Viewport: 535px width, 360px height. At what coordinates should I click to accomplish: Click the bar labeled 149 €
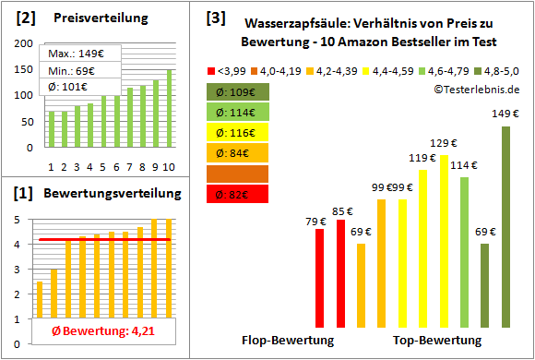tap(505, 226)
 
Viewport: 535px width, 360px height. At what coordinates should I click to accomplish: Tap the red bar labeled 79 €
tap(320, 278)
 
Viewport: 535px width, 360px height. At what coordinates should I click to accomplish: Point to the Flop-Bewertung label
tap(287, 340)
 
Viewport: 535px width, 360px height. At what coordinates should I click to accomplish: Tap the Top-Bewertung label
tap(427, 340)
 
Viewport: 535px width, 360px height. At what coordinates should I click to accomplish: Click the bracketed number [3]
tap(215, 17)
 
